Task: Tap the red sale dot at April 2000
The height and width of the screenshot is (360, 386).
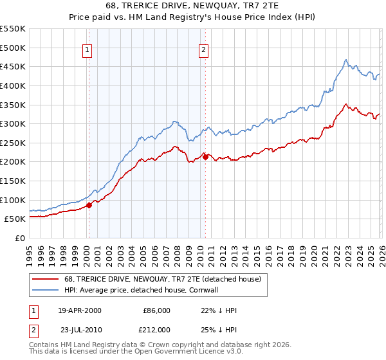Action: [x=89, y=205]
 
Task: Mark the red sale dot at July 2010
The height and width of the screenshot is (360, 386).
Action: [x=205, y=156]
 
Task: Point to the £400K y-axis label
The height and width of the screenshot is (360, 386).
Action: [x=13, y=85]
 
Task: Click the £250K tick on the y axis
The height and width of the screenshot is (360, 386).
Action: [x=13, y=143]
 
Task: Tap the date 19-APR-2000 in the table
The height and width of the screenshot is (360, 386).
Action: [x=80, y=310]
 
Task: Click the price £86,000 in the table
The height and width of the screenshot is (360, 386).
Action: [x=156, y=310]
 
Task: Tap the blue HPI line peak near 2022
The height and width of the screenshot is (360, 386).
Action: [x=345, y=60]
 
